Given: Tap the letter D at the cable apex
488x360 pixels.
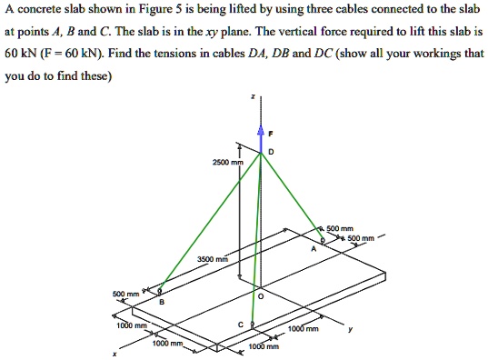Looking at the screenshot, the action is pyautogui.click(x=271, y=151).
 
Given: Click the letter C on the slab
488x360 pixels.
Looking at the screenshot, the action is pyautogui.click(x=240, y=324).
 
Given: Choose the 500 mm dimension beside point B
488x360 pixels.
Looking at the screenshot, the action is pyautogui.click(x=126, y=294).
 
